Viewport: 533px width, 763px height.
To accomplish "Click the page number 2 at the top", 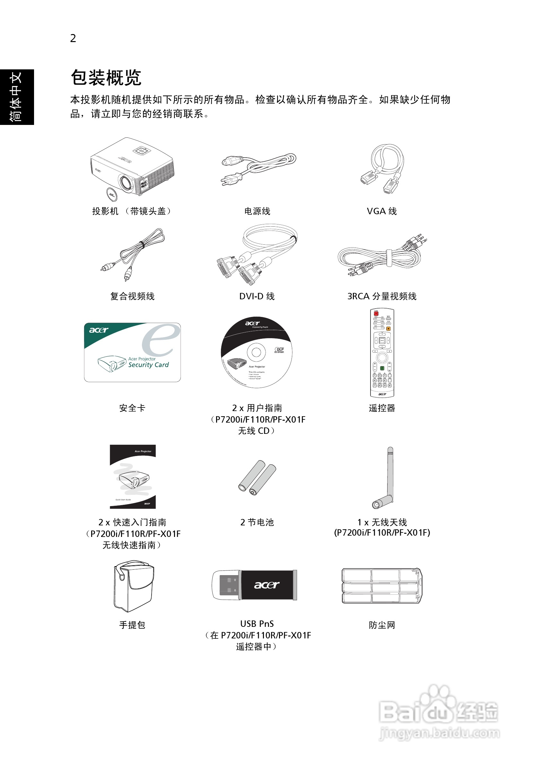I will tap(73, 38).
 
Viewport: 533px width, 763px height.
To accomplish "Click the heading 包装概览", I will tap(106, 78).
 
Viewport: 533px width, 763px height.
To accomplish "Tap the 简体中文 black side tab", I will tap(17, 97).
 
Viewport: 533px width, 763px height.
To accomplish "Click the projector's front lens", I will tap(126, 182).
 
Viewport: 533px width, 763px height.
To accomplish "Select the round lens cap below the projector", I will tap(112, 194).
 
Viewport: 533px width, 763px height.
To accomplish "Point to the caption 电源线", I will tap(257, 211).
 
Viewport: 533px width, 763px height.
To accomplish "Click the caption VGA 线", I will tap(381, 211).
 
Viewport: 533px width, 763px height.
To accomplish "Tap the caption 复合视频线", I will tap(132, 296).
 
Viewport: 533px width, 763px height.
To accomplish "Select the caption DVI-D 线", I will tap(257, 296).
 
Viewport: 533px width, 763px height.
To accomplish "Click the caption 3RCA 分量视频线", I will tap(382, 296).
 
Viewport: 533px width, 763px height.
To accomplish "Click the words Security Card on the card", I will tap(148, 364).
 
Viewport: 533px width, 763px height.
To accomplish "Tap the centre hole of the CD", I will tap(256, 352).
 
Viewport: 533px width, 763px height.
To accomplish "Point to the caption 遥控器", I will tap(382, 408).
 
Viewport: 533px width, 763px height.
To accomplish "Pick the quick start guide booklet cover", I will tap(133, 477).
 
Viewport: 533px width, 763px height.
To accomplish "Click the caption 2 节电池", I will tap(257, 522).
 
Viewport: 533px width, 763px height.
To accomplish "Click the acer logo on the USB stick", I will tap(267, 585).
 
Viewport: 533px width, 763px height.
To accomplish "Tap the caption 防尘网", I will tap(382, 625).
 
